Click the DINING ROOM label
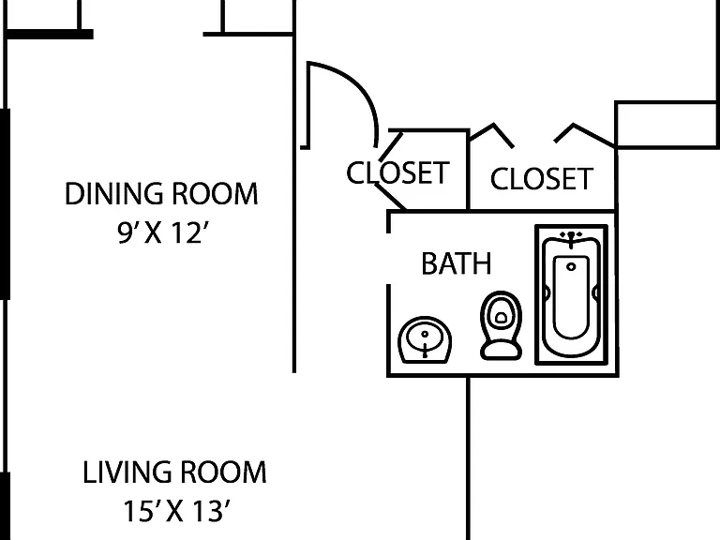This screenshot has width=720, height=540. click(161, 193)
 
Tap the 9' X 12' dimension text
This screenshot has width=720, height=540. click(159, 232)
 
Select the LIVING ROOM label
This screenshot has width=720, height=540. click(174, 472)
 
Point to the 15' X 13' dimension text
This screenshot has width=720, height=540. click(176, 511)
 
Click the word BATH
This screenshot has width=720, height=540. click(457, 263)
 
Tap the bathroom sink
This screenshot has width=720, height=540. click(425, 339)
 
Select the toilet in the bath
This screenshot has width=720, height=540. click(501, 325)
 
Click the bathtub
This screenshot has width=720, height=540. click(572, 294)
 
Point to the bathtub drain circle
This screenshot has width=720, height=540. click(571, 267)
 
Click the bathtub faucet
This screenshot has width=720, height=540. click(571, 239)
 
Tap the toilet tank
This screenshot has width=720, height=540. click(501, 351)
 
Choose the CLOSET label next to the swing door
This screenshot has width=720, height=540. click(397, 173)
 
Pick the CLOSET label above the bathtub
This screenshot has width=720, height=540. click(542, 179)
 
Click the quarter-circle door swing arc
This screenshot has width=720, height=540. click(357, 85)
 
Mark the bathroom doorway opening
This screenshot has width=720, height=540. click(389, 259)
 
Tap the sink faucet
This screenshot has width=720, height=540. click(426, 349)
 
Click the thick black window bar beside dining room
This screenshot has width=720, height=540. click(5, 203)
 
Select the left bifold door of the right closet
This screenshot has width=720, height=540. click(491, 135)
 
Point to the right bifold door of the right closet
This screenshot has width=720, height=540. click(584, 135)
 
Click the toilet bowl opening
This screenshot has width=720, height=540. click(501, 317)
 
